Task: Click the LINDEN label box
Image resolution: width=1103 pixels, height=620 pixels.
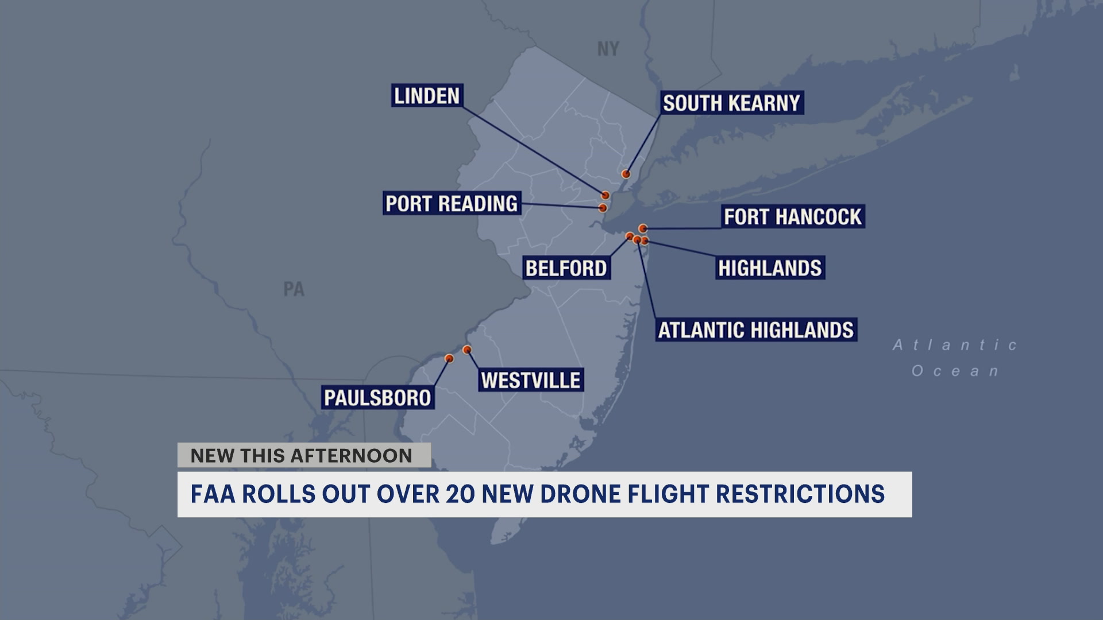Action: tap(427, 96)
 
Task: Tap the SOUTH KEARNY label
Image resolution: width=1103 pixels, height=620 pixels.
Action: tap(731, 103)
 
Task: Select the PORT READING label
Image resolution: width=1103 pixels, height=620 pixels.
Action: tap(452, 204)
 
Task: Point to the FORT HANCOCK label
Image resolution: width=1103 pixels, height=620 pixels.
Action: tap(792, 217)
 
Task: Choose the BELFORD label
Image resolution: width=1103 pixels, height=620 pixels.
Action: tap(566, 268)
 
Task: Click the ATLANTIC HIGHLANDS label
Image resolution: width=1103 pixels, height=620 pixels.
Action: tap(756, 330)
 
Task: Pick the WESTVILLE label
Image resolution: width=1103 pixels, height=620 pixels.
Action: tap(530, 380)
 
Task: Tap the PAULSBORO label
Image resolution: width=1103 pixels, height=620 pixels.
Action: tap(377, 397)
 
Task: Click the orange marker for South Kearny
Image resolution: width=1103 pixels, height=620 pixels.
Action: tap(626, 174)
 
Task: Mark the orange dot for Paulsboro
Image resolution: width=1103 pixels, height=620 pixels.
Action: tap(449, 359)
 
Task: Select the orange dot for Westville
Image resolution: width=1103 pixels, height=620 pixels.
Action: tap(467, 350)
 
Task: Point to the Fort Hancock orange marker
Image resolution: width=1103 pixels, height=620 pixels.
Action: tap(643, 228)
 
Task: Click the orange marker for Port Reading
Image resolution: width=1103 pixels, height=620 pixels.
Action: tap(603, 208)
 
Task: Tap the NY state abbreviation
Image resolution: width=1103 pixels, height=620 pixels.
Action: tap(608, 49)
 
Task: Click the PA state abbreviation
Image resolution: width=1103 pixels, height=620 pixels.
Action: tap(294, 289)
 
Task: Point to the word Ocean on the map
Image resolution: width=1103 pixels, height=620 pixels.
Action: tap(955, 371)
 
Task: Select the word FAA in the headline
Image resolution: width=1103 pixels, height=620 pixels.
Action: tap(213, 494)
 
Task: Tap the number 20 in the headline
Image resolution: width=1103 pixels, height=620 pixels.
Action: tap(460, 494)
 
